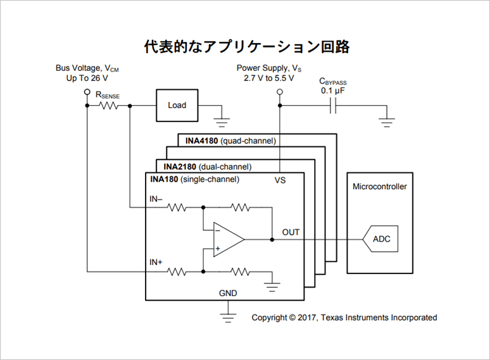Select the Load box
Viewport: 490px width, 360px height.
pos(177,105)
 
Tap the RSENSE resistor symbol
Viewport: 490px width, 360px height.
pos(108,106)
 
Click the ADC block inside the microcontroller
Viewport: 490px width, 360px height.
pos(382,239)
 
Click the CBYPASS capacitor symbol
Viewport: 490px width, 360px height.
pos(334,106)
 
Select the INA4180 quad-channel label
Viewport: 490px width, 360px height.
pos(230,140)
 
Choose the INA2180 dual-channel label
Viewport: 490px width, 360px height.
pos(207,166)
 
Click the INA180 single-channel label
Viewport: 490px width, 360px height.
pos(194,180)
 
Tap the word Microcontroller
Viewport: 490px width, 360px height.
pos(380,187)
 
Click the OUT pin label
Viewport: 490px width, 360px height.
pos(291,232)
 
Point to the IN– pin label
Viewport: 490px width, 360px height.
pos(156,199)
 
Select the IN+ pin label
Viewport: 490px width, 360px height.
pos(156,261)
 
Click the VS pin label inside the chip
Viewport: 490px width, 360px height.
pos(280,180)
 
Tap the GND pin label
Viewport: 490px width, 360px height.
pos(228,294)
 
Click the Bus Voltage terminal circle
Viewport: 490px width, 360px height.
pos(87,92)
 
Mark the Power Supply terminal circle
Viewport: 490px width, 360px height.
pos(278,92)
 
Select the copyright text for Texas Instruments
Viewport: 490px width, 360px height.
pos(344,318)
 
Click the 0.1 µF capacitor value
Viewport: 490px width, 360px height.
pos(334,91)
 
